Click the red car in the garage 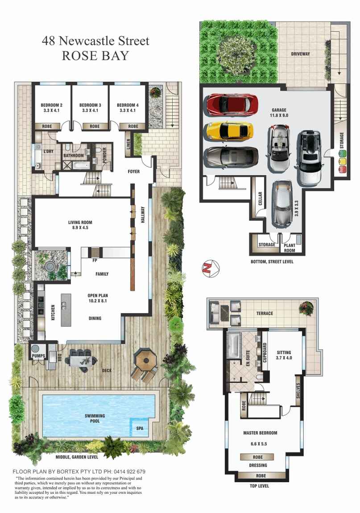coord(232,104)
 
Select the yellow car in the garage coord(229,131)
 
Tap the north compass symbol coord(209,267)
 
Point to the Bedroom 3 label coord(91,105)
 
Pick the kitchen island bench coord(66,310)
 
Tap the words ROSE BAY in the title coord(95,56)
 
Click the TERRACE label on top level coord(264,314)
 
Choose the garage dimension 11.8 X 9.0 coord(279,116)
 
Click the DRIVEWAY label coord(301,54)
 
